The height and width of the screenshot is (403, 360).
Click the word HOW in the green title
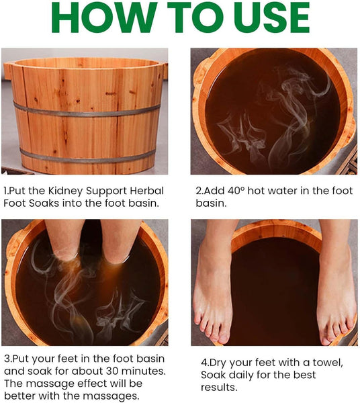(105, 17)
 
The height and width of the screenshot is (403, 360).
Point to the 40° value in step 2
(236, 191)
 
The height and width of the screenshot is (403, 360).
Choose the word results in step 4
(219, 387)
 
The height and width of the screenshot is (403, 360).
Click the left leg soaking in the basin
(64, 239)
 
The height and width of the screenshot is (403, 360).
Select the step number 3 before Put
(7, 359)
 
